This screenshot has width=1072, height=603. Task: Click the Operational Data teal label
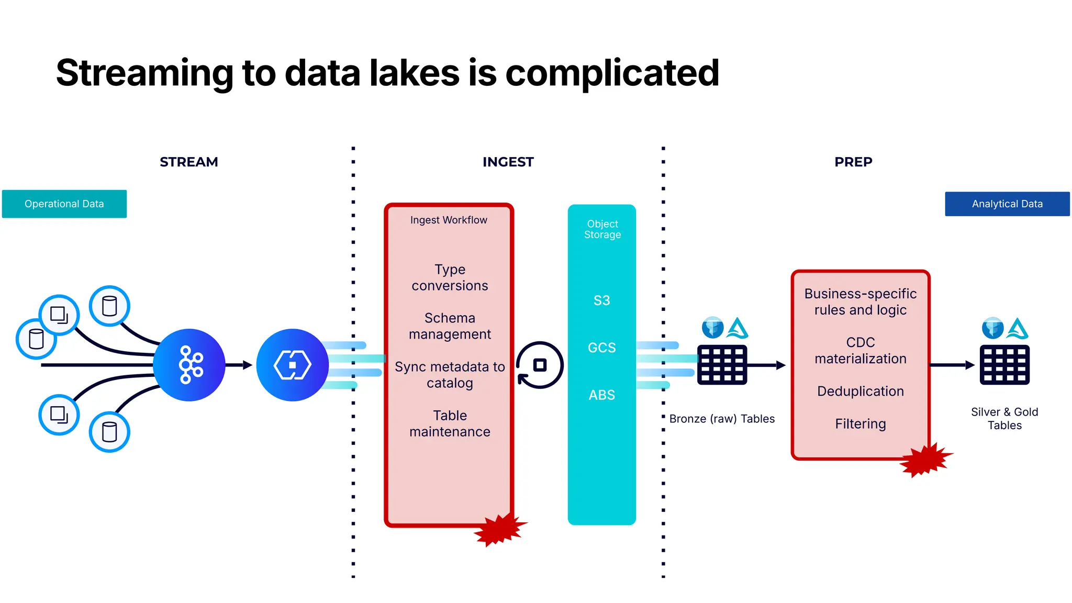coord(64,204)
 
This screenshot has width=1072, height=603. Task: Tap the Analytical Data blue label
coord(1007,204)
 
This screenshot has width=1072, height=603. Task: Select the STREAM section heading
coord(188,162)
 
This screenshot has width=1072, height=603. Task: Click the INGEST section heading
coord(508,162)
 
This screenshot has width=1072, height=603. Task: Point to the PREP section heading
coord(853,162)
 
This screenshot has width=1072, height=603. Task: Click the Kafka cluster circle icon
coord(189,365)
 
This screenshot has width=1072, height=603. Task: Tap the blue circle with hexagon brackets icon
coord(292,365)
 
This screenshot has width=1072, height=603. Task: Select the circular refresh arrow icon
coord(539,365)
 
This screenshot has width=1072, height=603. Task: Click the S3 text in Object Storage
coord(601,300)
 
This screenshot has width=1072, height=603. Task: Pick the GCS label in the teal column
coord(601,348)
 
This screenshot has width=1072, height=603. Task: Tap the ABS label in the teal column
coord(601,395)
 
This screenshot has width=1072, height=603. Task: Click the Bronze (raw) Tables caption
coord(721,419)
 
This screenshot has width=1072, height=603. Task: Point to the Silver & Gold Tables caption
coord(1004,418)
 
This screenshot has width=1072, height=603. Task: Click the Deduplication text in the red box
coord(860,391)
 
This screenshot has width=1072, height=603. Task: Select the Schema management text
coord(450,326)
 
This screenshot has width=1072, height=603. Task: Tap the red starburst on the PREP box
coord(925,460)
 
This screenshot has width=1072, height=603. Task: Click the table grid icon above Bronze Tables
coord(722,365)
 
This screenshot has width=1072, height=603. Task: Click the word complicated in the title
coord(612,73)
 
